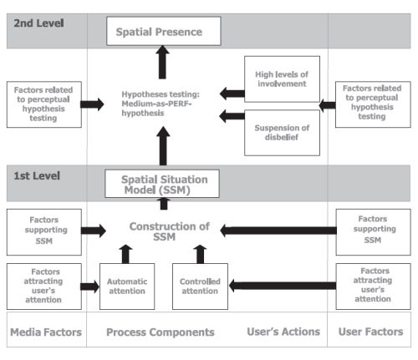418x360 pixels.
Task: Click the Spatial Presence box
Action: coord(164,31)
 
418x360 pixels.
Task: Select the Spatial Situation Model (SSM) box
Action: coord(162,184)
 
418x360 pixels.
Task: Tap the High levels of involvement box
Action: coord(282,79)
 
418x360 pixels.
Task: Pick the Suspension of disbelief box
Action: coord(282,133)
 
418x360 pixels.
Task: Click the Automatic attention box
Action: coord(127,286)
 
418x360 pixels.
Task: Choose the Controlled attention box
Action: coord(200,286)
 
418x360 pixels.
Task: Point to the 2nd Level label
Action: coord(38,23)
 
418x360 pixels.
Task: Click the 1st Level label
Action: coord(37,176)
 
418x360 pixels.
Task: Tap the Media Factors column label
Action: coord(46,332)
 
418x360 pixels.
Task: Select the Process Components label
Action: coord(161,332)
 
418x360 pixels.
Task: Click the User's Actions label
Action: coord(283,332)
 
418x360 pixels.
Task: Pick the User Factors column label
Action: coord(370,332)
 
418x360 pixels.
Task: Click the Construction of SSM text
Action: coord(169,231)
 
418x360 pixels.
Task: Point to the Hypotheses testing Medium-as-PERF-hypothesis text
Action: coord(161,104)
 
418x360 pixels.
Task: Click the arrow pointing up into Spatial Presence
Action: coord(162,63)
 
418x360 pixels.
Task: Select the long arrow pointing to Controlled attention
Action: coord(283,286)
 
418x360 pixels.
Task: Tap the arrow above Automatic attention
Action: coord(125,254)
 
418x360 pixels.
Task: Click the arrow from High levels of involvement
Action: coord(232,94)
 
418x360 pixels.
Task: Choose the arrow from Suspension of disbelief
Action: coord(232,116)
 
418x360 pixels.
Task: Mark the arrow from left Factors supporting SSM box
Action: coord(94,231)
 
